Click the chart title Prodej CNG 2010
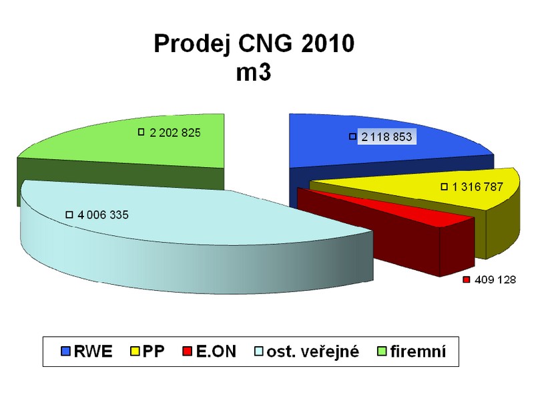coord(254,43)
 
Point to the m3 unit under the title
coord(254,72)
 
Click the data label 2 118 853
coord(386,137)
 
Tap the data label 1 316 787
coord(477,187)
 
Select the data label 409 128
coord(495,279)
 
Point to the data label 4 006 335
coord(103,215)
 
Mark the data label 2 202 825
coord(175,132)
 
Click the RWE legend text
coord(93,352)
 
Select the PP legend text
coord(154,352)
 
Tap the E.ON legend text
coord(216,352)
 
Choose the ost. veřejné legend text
coord(313,352)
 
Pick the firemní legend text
coord(419,352)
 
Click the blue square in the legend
coord(65,352)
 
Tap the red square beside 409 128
coord(467,280)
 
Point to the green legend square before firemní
coord(382,352)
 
